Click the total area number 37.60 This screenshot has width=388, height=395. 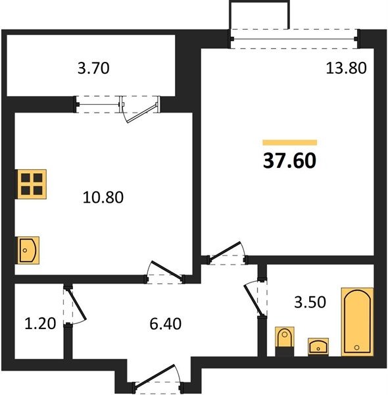tap(289, 161)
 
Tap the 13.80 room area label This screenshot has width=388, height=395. tap(346, 68)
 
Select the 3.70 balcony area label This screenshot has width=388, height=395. tap(93, 68)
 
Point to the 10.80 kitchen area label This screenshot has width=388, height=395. tap(103, 197)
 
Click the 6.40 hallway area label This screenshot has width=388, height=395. tap(165, 324)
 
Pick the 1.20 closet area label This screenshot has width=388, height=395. tap(40, 323)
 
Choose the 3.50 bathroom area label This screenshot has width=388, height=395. tap(310, 302)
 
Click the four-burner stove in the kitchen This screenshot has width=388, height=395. tap(32, 184)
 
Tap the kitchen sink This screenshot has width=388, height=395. tap(28, 250)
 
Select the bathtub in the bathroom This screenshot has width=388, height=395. tap(357, 322)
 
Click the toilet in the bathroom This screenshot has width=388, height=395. tap(285, 341)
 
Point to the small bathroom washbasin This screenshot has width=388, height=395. tap(318, 347)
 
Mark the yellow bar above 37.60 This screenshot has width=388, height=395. tap(289, 143)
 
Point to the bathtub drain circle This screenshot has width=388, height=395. tap(357, 348)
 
